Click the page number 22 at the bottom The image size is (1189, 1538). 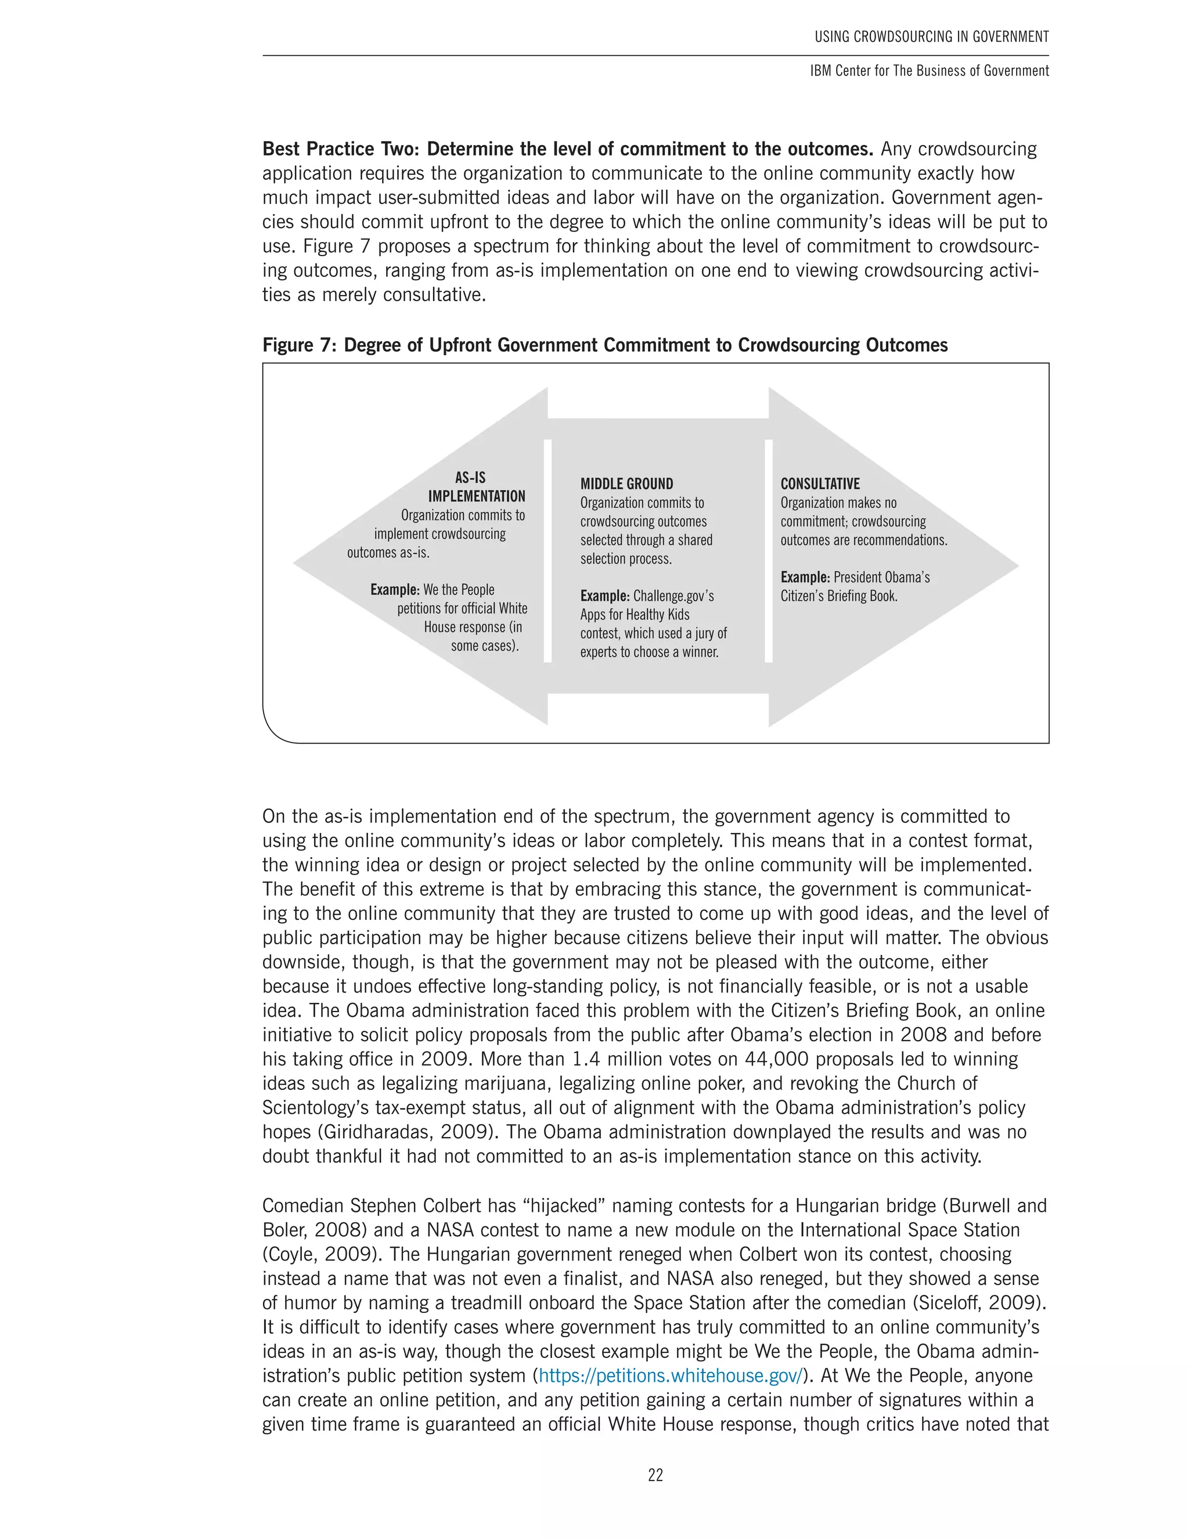pyautogui.click(x=655, y=1475)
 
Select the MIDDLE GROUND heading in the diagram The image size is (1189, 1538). pyautogui.click(x=626, y=484)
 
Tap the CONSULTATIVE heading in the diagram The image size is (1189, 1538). pyautogui.click(x=820, y=484)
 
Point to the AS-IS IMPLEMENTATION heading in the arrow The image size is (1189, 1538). pyautogui.click(x=476, y=486)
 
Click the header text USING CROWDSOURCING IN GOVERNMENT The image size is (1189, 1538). pyautogui.click(x=931, y=37)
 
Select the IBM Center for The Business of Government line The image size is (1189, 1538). pyautogui.click(x=929, y=70)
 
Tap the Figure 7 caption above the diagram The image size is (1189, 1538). pyautogui.click(x=604, y=345)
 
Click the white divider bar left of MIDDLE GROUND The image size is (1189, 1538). pyautogui.click(x=547, y=551)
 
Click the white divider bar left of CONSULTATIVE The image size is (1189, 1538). pyautogui.click(x=769, y=551)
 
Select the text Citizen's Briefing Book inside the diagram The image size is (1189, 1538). pyautogui.click(x=838, y=596)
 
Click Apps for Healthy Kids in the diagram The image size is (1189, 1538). pyautogui.click(x=634, y=614)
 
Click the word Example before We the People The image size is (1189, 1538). pyautogui.click(x=394, y=590)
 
